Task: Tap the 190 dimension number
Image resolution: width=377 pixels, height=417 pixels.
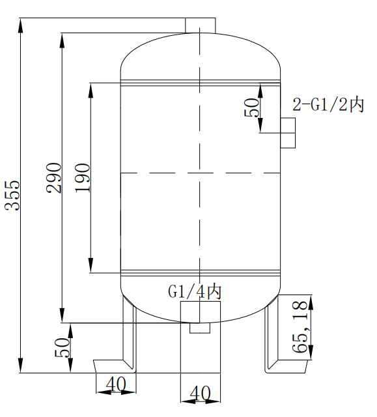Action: coord(82,177)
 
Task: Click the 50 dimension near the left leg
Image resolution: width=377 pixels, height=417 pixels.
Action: coord(62,347)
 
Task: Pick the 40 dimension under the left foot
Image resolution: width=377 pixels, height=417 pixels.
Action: coord(115,385)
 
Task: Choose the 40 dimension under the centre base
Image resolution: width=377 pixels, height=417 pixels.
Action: coord(200,393)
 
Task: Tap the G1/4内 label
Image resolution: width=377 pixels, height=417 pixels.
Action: coord(195,291)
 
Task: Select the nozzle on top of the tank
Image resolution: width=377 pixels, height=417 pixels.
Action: coord(200,24)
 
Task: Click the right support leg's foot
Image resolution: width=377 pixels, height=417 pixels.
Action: coord(286,368)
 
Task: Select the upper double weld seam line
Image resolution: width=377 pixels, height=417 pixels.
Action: coord(200,82)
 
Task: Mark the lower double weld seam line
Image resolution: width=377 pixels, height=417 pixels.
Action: coord(200,271)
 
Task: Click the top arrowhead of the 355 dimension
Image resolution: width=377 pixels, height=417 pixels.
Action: coord(22,23)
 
